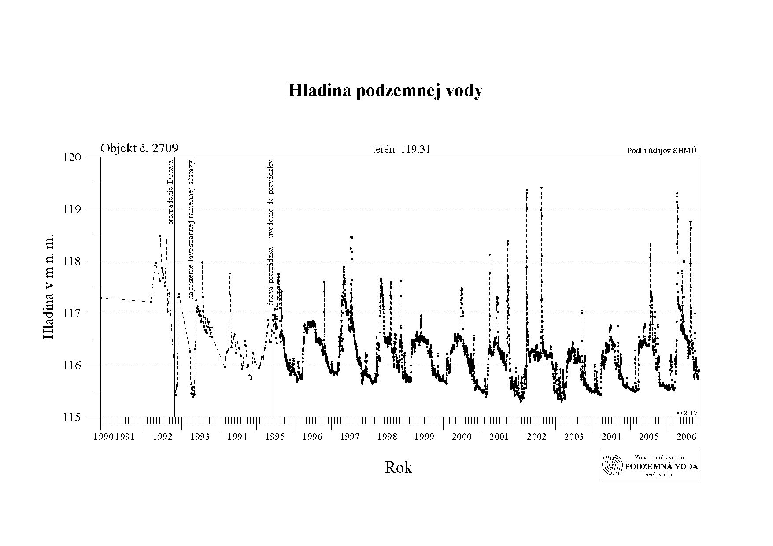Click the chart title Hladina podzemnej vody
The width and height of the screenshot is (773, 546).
(x=385, y=91)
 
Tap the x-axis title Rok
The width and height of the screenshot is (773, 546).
(x=398, y=467)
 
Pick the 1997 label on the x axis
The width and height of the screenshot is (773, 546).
(x=350, y=437)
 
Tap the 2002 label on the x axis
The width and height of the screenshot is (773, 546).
(x=536, y=437)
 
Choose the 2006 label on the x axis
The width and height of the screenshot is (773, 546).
(x=686, y=437)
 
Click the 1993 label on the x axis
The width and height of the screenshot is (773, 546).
(x=200, y=437)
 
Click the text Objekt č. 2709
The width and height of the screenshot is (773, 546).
(x=139, y=148)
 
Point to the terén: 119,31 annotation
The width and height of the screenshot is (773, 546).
(x=401, y=149)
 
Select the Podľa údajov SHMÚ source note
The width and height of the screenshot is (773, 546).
(x=662, y=151)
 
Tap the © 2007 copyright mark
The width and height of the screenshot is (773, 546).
(x=687, y=413)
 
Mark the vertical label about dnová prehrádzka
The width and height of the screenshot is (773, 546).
(x=271, y=232)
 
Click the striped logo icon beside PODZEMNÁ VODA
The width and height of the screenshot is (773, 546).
(x=613, y=465)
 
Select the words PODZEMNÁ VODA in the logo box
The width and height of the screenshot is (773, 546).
(x=662, y=467)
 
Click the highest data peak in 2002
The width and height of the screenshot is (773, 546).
(x=541, y=188)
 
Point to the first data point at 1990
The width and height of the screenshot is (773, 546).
(x=102, y=298)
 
